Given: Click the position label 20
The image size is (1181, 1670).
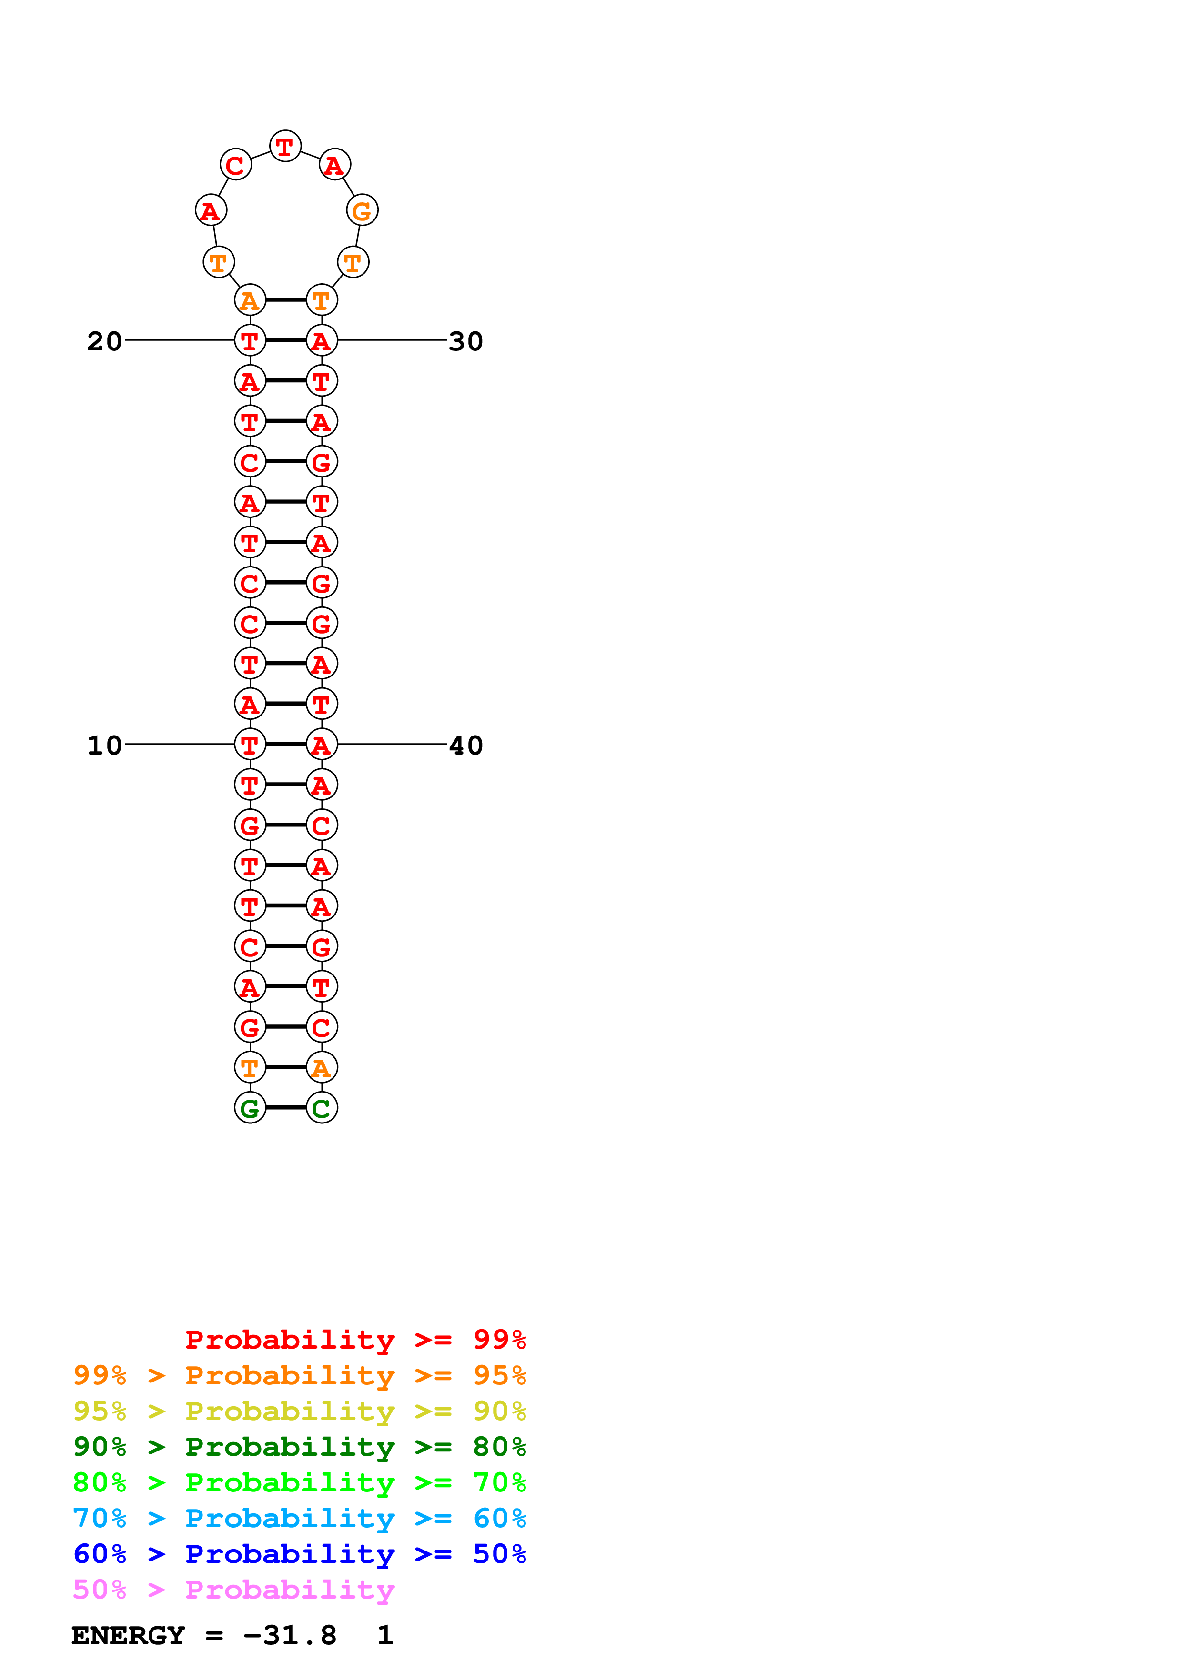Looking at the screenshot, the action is pos(104,341).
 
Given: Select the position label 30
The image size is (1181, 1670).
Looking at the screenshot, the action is pos(466,341).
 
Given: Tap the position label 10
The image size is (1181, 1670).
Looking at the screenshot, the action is pos(104,746).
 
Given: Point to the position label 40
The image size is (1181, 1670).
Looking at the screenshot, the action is pos(466,746).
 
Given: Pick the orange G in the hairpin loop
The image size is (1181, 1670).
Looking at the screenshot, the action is pos(362,211).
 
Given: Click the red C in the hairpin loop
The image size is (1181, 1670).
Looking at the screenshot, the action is pos(236,165).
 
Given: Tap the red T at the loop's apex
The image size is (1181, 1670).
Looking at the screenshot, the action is pos(285,146).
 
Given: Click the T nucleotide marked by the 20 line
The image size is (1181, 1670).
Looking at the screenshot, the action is pos(250,340).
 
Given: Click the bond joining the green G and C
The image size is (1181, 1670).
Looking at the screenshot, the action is pos(286,1108).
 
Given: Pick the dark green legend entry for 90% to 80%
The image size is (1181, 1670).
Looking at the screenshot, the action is pos(299,1447).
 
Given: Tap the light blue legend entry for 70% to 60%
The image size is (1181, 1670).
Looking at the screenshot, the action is pos(299,1518).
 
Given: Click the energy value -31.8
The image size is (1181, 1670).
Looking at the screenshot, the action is pos(290,1636).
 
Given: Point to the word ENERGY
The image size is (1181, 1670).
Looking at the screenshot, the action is pos(128,1636).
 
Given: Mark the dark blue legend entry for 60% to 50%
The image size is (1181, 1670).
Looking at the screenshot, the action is pos(299,1554).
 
